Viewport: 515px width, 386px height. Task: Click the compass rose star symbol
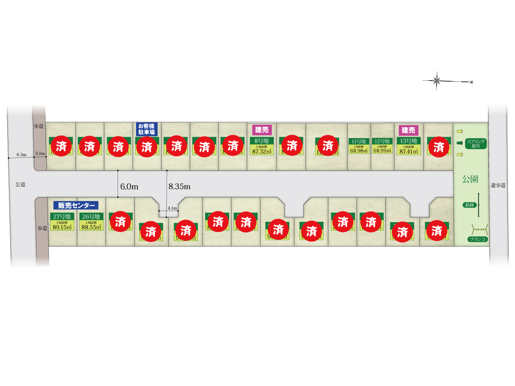tap(437, 80)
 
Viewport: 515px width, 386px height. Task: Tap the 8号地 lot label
tap(261, 141)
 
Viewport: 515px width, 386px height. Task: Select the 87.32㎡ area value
tap(261, 151)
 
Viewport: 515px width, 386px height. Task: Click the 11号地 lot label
tap(359, 141)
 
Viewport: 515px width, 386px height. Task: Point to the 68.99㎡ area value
tap(382, 150)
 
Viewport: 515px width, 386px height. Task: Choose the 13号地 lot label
tap(408, 141)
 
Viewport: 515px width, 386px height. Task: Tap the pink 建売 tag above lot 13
tap(408, 130)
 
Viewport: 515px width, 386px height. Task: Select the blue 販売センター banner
tap(76, 205)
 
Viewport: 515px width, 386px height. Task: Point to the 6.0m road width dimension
tap(129, 187)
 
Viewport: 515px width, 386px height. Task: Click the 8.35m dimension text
tap(179, 187)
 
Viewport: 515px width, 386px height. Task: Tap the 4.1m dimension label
tap(172, 208)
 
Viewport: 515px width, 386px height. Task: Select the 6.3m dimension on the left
tap(21, 154)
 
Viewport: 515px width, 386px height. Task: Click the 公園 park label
tap(470, 179)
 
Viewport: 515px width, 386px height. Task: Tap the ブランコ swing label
tap(478, 239)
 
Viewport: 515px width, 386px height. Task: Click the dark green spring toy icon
tap(460, 143)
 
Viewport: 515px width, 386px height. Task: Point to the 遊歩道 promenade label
tap(498, 186)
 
